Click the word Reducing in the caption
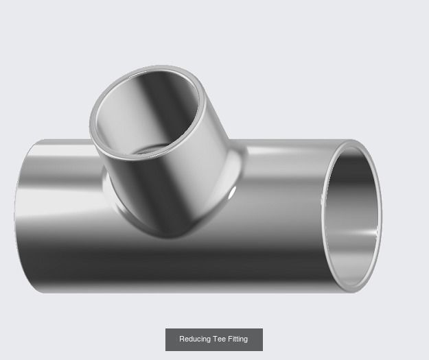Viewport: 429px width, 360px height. click(194, 339)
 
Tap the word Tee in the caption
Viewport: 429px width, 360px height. click(218, 339)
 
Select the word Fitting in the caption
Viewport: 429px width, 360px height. click(236, 339)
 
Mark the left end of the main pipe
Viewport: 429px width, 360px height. click(21, 216)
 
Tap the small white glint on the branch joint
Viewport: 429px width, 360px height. click(232, 195)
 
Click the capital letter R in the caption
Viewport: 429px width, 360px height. click(182, 339)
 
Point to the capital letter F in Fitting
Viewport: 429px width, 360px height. click(227, 339)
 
